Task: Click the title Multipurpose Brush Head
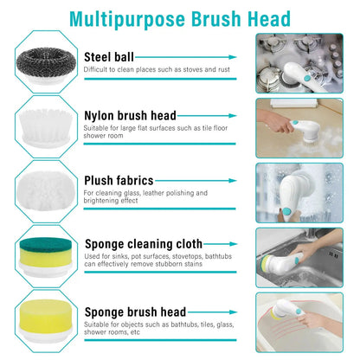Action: point(179,18)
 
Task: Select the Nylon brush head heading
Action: point(130,115)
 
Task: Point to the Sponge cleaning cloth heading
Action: point(143,244)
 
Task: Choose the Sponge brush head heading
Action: point(135,311)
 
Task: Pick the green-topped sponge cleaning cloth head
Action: point(42,254)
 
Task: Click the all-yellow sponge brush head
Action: point(42,317)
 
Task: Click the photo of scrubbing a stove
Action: point(300,62)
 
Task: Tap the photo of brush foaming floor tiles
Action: point(300,126)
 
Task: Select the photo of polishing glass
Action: point(300,190)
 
